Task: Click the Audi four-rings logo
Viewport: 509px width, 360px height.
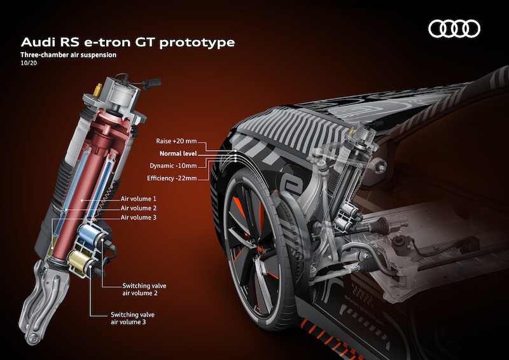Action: (454, 29)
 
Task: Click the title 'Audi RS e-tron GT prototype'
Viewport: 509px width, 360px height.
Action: (128, 42)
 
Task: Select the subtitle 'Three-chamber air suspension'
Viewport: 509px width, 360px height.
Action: (68, 55)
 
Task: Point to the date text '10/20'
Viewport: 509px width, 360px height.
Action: (29, 63)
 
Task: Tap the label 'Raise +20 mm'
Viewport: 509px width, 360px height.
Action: (176, 141)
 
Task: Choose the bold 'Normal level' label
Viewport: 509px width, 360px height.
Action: (178, 153)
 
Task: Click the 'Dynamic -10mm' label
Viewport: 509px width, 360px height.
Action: (173, 165)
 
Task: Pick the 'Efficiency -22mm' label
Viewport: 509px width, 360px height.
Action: (172, 178)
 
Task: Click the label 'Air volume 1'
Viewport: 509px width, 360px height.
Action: (139, 198)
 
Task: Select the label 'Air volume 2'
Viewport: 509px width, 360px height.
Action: (139, 208)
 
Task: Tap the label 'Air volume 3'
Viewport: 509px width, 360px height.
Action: (139, 218)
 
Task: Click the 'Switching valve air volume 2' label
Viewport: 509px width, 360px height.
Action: (144, 289)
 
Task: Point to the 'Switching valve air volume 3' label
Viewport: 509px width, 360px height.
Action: (132, 318)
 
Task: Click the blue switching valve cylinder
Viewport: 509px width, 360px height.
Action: (89, 234)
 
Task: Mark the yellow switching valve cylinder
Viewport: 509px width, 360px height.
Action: (80, 260)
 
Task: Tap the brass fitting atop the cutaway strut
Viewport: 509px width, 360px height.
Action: (97, 90)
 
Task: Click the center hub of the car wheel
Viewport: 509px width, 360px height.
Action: (260, 250)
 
